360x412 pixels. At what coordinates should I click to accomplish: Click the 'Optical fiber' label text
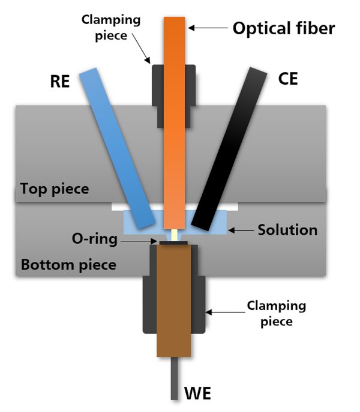[x=283, y=28]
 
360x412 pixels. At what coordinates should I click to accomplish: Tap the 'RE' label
[x=61, y=82]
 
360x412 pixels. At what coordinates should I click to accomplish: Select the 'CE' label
[x=288, y=79]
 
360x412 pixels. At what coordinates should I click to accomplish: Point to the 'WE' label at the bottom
[x=198, y=395]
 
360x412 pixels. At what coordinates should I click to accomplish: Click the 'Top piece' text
[x=55, y=189]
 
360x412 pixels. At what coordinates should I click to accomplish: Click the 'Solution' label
[x=287, y=230]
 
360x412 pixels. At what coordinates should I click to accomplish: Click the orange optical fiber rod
[x=174, y=120]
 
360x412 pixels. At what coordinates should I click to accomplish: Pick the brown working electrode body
[x=173, y=300]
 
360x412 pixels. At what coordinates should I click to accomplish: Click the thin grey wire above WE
[x=174, y=378]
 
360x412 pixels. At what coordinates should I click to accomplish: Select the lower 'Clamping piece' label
[x=276, y=314]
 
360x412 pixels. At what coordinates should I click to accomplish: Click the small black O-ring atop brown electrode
[x=173, y=243]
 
